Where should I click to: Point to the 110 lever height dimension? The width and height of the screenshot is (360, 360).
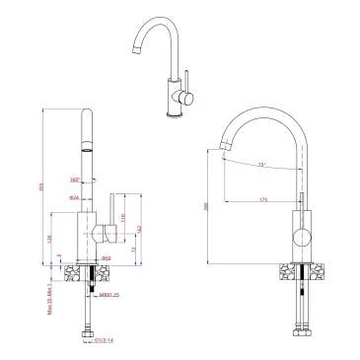point(122,217)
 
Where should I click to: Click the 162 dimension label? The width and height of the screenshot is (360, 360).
point(139,229)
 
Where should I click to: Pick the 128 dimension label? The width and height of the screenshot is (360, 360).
point(50,238)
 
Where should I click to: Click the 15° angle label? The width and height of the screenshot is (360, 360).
point(261,164)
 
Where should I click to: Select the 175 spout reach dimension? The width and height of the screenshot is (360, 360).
point(264,200)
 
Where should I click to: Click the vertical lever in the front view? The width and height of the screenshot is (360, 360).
point(108,212)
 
